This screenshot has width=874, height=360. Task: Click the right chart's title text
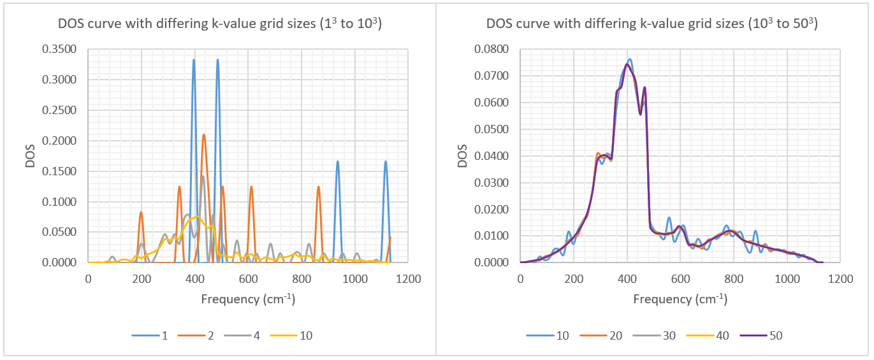pyautogui.click(x=652, y=25)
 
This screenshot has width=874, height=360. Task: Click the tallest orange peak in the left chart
pyautogui.click(x=204, y=134)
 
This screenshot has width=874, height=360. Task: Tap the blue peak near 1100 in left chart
pyautogui.click(x=386, y=162)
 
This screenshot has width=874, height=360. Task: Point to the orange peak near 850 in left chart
pyautogui.click(x=318, y=187)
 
